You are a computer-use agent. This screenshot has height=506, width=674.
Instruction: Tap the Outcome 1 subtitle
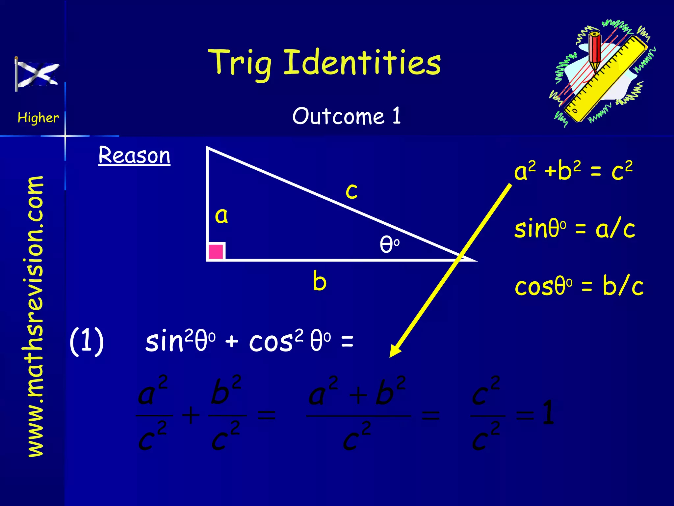click(x=347, y=116)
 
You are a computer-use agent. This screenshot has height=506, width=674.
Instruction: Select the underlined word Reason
click(x=134, y=155)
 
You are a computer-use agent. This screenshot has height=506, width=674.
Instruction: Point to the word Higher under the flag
click(x=38, y=118)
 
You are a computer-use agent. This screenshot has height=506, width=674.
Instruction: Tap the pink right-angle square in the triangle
click(x=216, y=251)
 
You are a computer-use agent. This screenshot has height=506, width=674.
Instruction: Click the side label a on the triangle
click(x=221, y=216)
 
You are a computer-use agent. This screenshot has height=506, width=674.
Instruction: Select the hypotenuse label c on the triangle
click(x=351, y=191)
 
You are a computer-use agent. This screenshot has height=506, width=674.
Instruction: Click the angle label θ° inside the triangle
click(x=389, y=244)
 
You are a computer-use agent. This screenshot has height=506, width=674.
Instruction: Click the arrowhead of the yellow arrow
click(x=395, y=351)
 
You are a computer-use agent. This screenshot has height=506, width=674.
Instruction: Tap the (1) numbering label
click(x=87, y=341)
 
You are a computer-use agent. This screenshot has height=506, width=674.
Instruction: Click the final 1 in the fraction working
click(x=548, y=412)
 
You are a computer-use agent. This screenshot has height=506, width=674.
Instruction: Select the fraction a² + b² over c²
click(x=358, y=414)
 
